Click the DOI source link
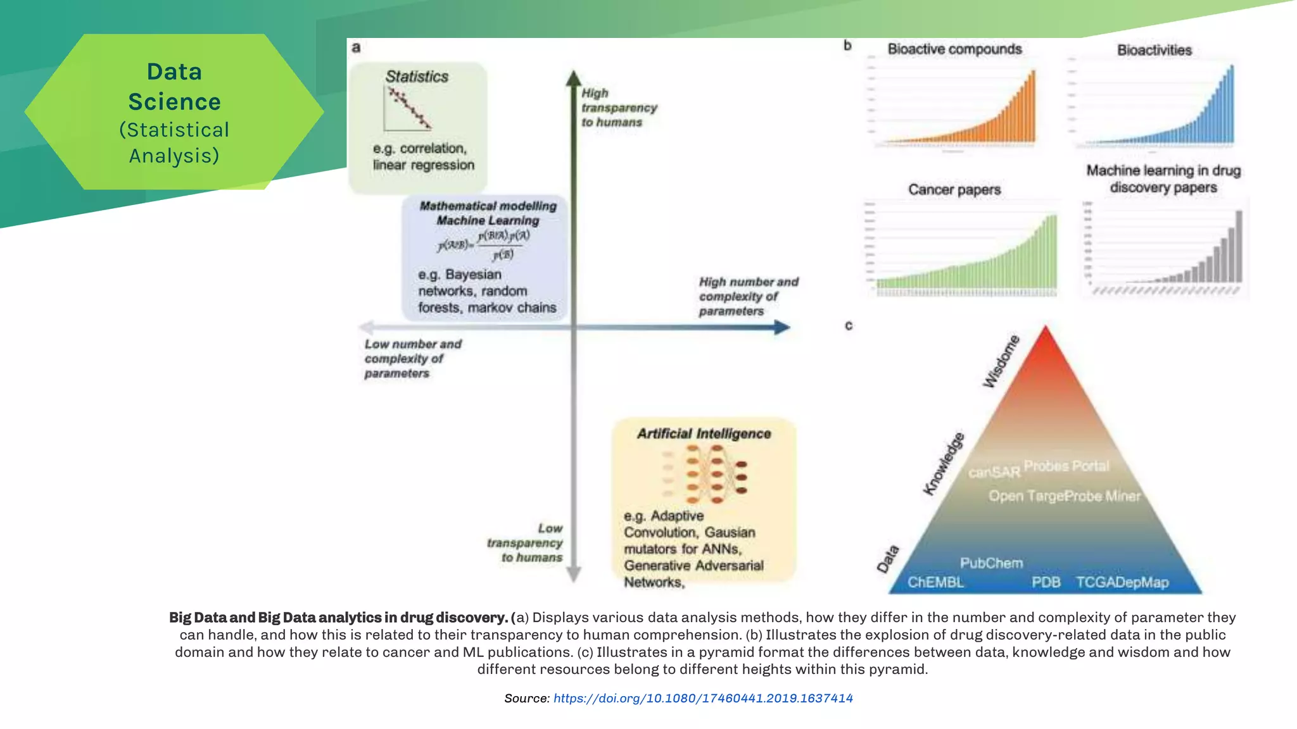[x=703, y=698]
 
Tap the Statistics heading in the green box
[x=417, y=77]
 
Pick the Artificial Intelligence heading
[x=704, y=433]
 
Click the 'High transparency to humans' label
[x=619, y=108]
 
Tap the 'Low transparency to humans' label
[x=526, y=543]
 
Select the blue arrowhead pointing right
[x=783, y=327]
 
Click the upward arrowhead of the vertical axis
[x=574, y=78]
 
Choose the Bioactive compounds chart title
[x=954, y=49]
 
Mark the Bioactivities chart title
[x=1154, y=50]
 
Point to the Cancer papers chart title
[x=954, y=189]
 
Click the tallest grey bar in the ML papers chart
[x=1239, y=247]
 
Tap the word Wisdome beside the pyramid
[x=1001, y=361]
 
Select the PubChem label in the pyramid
[x=991, y=563]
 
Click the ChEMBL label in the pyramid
[x=935, y=582]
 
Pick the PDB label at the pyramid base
[x=1046, y=582]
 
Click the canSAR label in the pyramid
[x=994, y=472]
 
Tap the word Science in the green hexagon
[x=174, y=102]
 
